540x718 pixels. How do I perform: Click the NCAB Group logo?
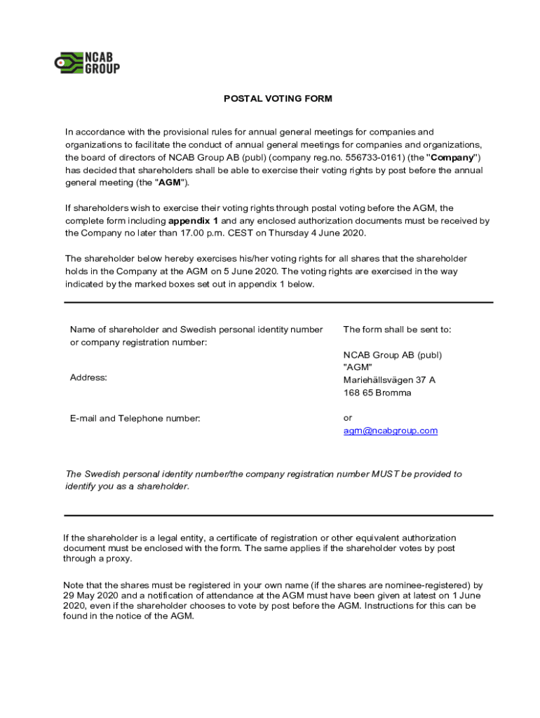coord(87,62)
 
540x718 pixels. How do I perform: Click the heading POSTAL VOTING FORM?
coord(278,99)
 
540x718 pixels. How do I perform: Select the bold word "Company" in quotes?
coord(453,157)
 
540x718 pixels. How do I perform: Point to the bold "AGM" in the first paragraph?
coord(173,182)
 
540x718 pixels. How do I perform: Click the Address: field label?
coord(88,378)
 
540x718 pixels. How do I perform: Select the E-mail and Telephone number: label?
coord(135,419)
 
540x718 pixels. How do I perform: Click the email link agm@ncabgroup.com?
coord(390,431)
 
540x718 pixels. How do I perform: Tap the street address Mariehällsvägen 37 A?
coord(389,380)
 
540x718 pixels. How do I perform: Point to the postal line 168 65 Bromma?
coord(377,393)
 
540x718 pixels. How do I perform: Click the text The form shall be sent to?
coord(397,330)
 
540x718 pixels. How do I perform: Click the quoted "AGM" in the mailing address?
coord(358,367)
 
